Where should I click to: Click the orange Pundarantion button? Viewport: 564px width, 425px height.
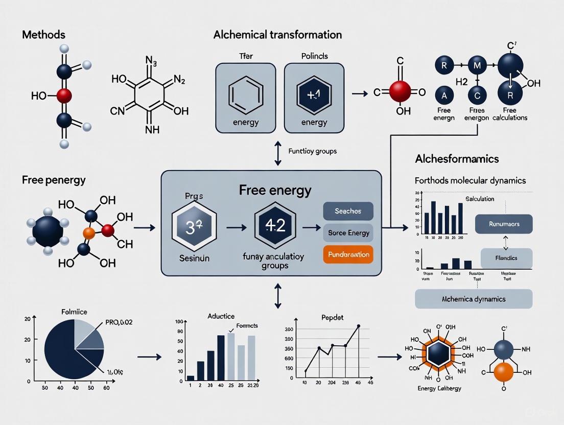point(348,254)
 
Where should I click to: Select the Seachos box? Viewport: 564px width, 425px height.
point(348,211)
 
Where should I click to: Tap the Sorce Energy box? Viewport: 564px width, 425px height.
point(348,233)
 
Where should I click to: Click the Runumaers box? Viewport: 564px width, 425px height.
point(503,224)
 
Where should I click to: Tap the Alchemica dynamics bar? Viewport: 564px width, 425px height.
point(473,299)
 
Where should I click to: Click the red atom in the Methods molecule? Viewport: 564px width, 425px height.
point(63,96)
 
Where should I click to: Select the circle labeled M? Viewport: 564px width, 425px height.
point(477,65)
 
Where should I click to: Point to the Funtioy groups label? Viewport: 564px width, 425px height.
point(312,151)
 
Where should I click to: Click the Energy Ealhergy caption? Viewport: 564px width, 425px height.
point(439,388)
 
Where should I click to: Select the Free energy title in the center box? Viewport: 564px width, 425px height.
point(275,191)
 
